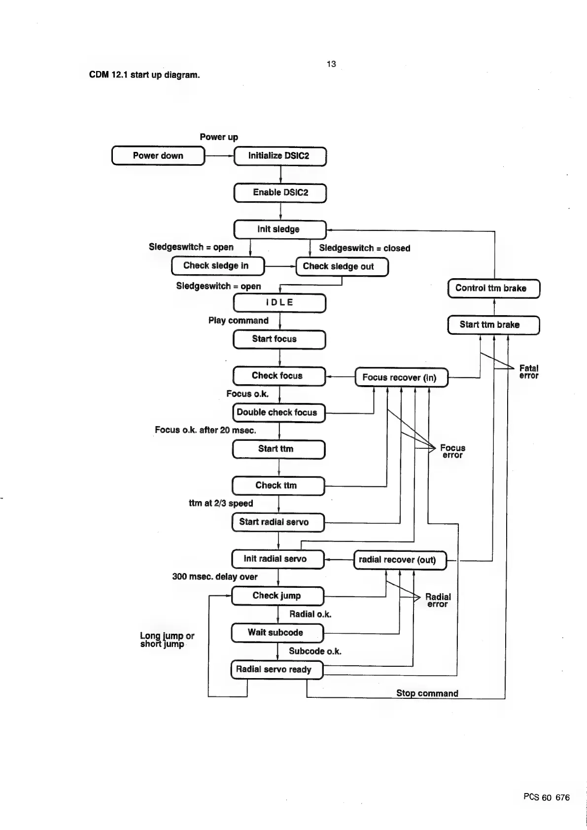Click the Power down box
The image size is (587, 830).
coord(158,156)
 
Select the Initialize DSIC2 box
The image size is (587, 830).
coord(279,156)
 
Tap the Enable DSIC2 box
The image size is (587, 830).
coord(280,193)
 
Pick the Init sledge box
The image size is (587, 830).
coord(279,229)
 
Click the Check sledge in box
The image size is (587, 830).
coord(217,266)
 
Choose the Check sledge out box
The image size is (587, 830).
coord(342,267)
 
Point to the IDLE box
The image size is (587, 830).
coord(279,303)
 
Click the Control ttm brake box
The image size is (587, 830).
coord(493,289)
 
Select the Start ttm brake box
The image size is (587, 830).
coord(493,325)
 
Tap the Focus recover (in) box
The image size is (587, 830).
coord(401,378)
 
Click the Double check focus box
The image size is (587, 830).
coord(278,413)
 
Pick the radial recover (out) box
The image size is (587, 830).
coord(400,560)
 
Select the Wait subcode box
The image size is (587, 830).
coord(277,633)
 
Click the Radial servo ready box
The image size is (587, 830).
coord(277,670)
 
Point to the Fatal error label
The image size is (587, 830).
coord(529,372)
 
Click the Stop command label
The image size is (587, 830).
coord(427,693)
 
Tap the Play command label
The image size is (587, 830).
coord(238,321)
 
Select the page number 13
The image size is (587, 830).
coord(331,64)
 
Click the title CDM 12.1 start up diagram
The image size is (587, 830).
coord(144,75)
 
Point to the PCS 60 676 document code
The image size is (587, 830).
coord(546,797)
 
